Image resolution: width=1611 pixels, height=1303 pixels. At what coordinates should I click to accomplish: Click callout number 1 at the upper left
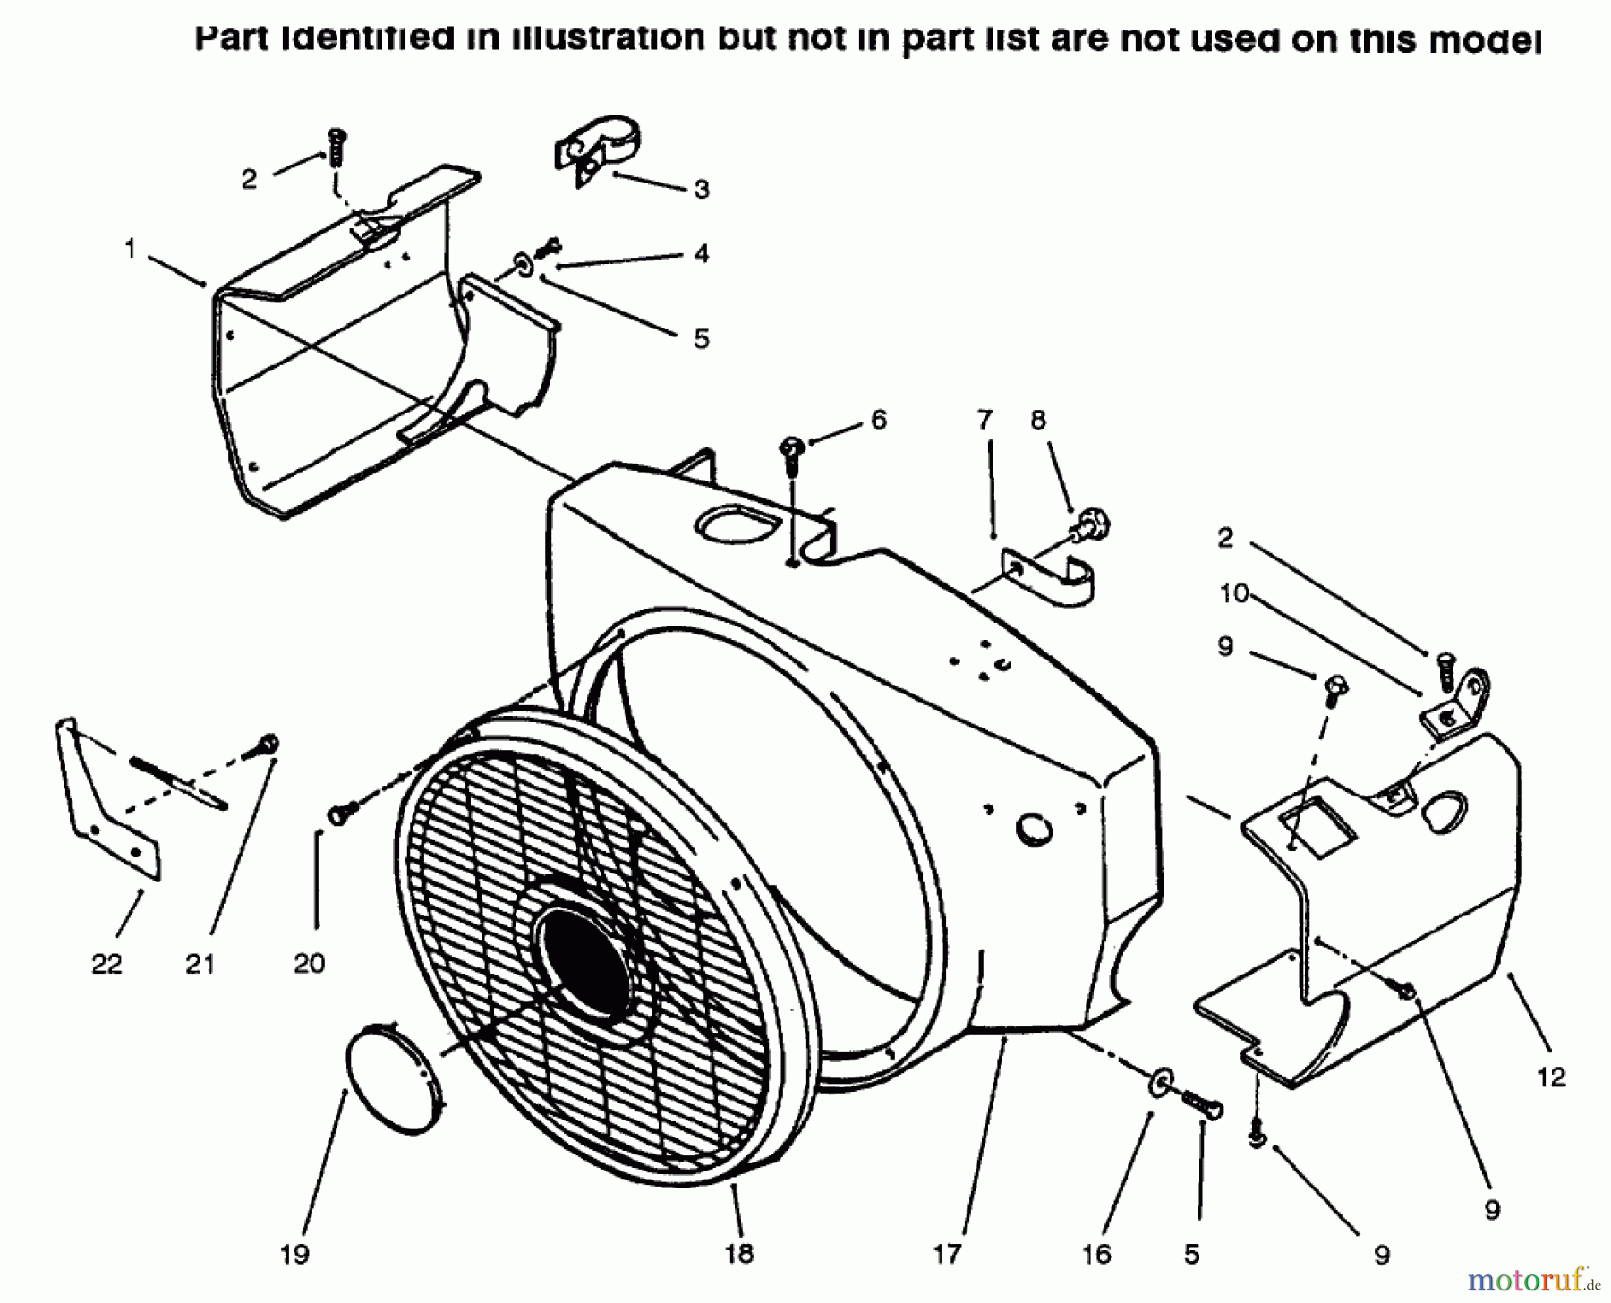point(131,249)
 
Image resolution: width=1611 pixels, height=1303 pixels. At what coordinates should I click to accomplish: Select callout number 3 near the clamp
point(702,189)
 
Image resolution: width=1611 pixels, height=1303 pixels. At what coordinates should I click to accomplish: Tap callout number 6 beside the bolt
point(878,419)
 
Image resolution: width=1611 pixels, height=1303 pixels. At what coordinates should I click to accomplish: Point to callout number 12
point(1552,1077)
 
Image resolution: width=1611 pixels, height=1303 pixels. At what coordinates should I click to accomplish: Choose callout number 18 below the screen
point(739,1254)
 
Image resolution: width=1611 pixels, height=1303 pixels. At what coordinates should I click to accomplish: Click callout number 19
point(294,1254)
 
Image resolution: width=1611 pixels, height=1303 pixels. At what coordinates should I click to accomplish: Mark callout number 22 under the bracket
point(107,964)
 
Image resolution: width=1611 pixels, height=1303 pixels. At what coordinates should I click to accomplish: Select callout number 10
point(1234,593)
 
